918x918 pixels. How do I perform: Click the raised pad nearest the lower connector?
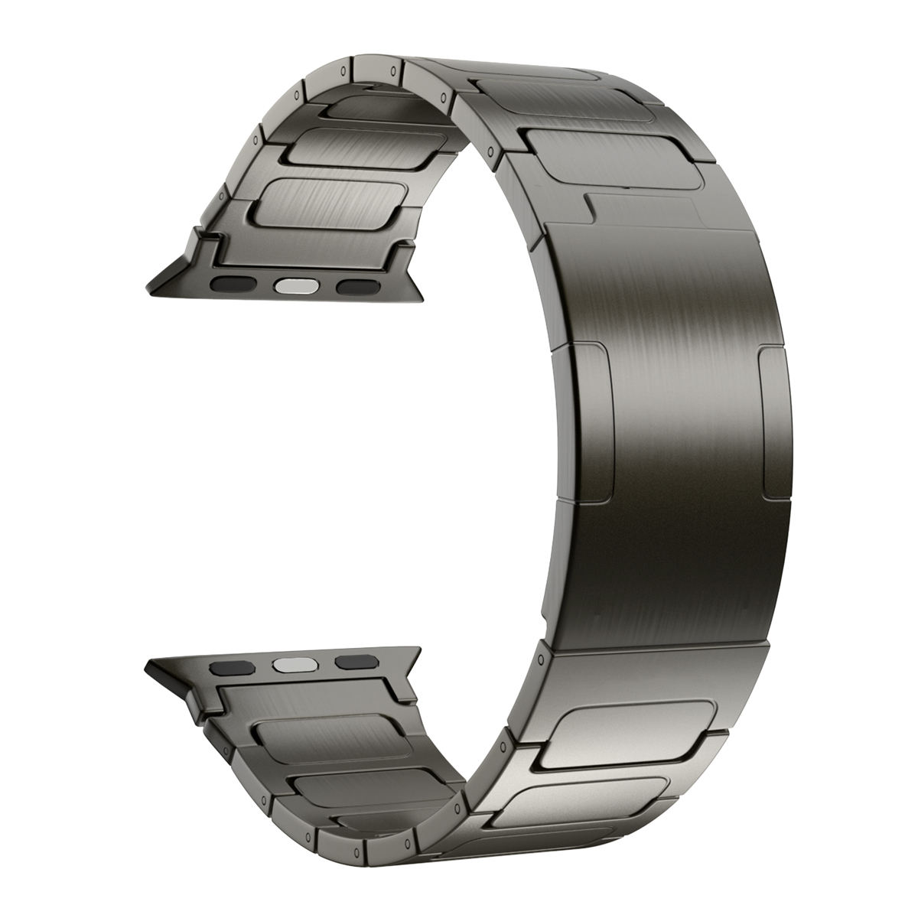click(328, 738)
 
